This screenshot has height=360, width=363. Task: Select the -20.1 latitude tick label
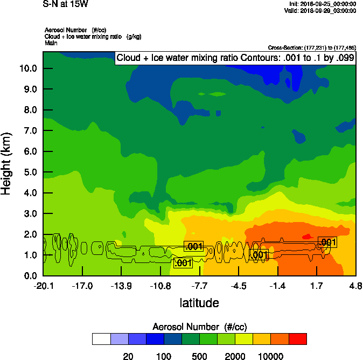pyautogui.click(x=43, y=286)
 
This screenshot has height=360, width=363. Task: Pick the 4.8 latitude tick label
pyautogui.click(x=355, y=286)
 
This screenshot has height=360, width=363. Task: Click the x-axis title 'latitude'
pyautogui.click(x=199, y=303)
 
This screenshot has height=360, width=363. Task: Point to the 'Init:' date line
pyautogui.click(x=322, y=4)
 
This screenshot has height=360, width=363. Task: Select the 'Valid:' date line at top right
pyautogui.click(x=321, y=10)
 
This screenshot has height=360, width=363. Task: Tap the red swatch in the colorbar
pyautogui.click(x=298, y=339)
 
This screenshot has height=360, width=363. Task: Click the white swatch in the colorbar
pyautogui.click(x=101, y=339)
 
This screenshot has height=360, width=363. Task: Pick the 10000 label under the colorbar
pyautogui.click(x=271, y=356)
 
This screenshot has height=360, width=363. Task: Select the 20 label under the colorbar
pyautogui.click(x=128, y=356)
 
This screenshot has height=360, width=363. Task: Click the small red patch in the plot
pyautogui.click(x=308, y=236)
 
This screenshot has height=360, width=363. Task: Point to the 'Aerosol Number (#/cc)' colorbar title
pyautogui.click(x=199, y=327)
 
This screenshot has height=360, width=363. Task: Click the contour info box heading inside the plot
pyautogui.click(x=235, y=58)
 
